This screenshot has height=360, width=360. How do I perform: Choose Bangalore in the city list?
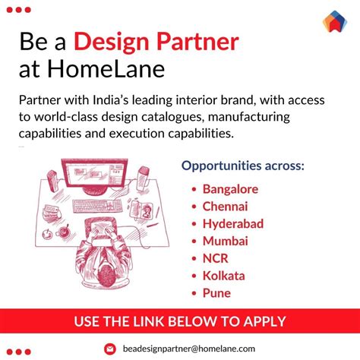click(230, 188)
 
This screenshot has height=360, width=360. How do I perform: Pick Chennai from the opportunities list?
click(226, 206)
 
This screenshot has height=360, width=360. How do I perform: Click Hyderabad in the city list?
click(232, 223)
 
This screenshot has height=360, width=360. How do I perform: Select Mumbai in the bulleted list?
click(225, 241)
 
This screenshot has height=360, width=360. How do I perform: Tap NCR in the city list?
click(216, 258)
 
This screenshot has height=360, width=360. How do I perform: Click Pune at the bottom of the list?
click(216, 293)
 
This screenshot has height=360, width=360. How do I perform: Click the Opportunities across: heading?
click(242, 165)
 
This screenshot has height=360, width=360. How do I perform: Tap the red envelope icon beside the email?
click(109, 349)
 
